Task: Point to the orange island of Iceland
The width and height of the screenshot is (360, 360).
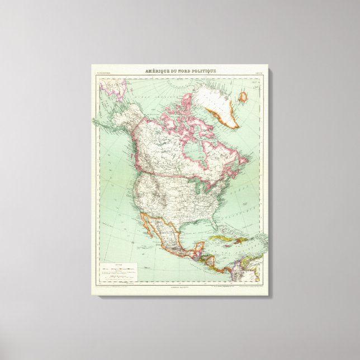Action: [x=243, y=97]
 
